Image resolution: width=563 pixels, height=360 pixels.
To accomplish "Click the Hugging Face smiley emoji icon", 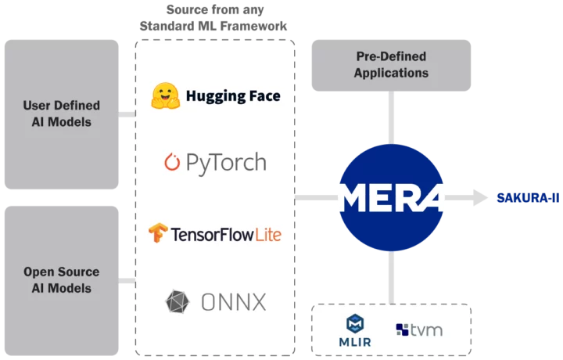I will pyautogui.click(x=165, y=95).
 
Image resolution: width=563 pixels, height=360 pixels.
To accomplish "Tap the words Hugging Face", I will pyautogui.click(x=233, y=96).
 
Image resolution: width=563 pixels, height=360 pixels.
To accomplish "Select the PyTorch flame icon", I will pyautogui.click(x=172, y=163).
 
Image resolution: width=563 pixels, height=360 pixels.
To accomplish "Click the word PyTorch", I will pyautogui.click(x=226, y=163).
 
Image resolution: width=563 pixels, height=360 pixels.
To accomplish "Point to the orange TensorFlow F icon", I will pyautogui.click(x=159, y=233).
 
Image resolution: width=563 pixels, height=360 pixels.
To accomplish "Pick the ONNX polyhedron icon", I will pyautogui.click(x=176, y=301).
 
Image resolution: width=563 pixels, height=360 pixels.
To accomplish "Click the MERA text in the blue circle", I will pyautogui.click(x=393, y=197).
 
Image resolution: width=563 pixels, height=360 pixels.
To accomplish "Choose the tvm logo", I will pyautogui.click(x=419, y=329).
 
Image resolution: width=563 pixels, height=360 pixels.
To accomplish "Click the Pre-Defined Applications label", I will pyautogui.click(x=391, y=66).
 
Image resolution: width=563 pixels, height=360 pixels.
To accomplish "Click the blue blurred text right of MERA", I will pyautogui.click(x=527, y=198).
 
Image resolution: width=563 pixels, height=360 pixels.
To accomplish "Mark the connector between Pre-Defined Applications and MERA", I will pyautogui.click(x=393, y=119).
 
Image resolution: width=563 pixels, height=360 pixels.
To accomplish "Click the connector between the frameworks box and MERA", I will pyautogui.click(x=317, y=200).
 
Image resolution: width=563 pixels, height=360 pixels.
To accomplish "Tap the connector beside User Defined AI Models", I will pyautogui.click(x=126, y=113).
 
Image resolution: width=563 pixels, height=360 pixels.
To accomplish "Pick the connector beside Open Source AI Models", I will pyautogui.click(x=126, y=280).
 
